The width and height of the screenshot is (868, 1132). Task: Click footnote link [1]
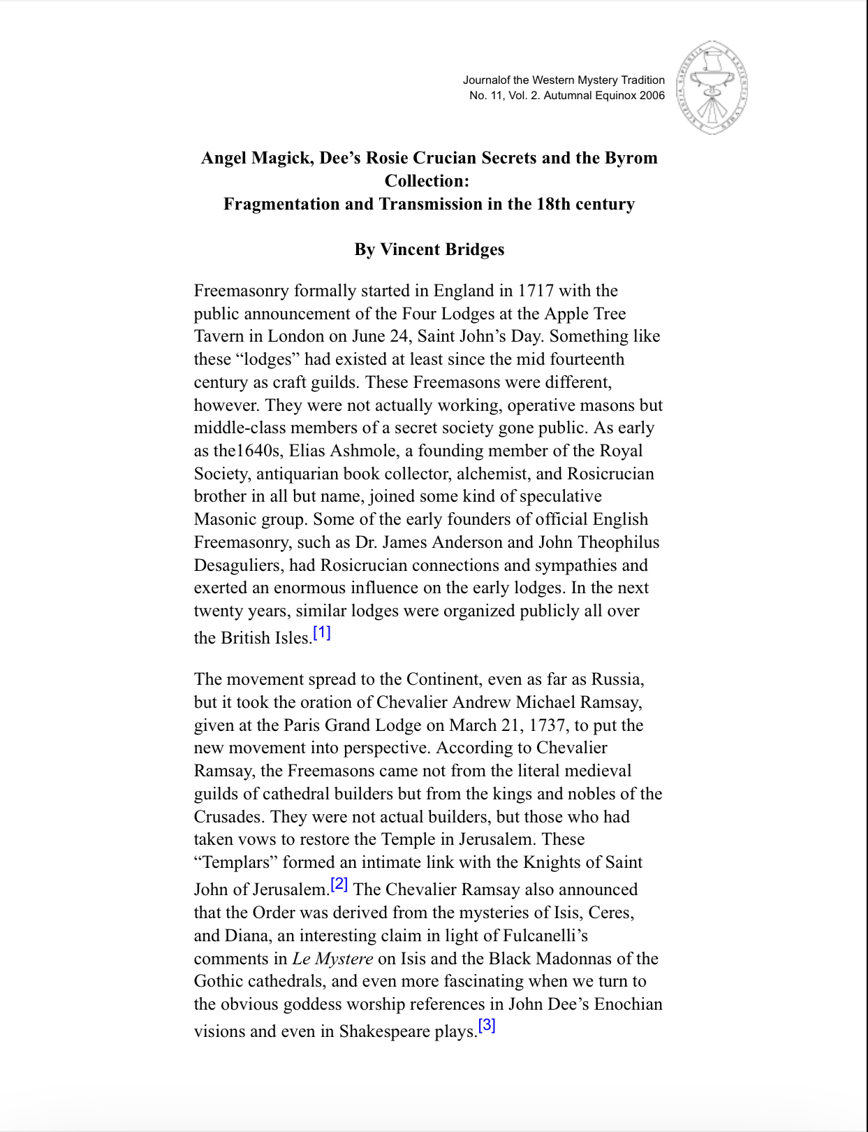tap(322, 633)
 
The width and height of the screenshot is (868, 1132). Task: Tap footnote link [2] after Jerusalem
tap(339, 885)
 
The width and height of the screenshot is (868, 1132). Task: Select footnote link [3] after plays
tap(487, 1026)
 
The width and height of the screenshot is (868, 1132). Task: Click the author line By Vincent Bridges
tap(429, 249)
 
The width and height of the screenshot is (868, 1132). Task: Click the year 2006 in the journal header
tap(652, 96)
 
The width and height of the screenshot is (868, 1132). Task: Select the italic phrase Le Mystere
tap(332, 959)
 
